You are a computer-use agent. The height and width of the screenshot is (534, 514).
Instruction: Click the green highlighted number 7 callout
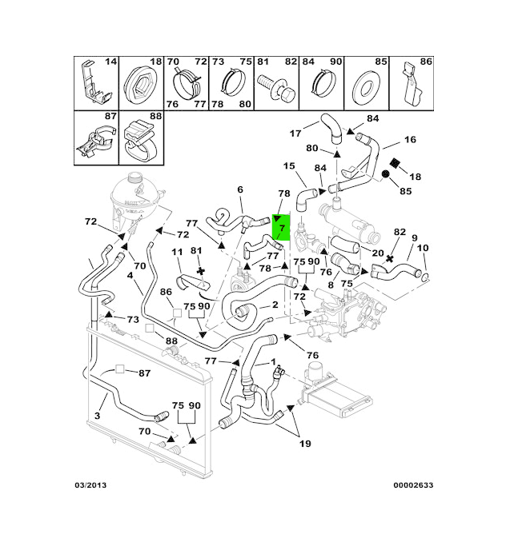pos(281,228)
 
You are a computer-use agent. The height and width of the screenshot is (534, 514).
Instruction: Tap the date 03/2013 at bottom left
pos(90,485)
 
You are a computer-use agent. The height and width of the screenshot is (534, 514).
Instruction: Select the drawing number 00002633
pos(413,485)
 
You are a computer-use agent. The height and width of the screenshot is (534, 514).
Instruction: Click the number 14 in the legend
pos(110,62)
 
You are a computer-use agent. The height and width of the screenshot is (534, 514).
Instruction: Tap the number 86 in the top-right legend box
pos(426,62)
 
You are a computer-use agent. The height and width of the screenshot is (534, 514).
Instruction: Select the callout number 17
pos(295,133)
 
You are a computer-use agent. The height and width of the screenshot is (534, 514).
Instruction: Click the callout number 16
pos(410,139)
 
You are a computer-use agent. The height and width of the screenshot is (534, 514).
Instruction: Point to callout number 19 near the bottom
pos(305,444)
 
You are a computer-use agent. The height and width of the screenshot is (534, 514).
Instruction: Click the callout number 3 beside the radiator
pos(97,416)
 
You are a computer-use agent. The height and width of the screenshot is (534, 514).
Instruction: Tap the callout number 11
pos(177,253)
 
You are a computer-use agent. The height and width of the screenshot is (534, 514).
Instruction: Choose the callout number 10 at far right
pos(423,248)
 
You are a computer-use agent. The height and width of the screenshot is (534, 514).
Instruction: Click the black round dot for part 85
pos(385,174)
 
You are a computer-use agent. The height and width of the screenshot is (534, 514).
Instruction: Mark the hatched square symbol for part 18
pos(395,162)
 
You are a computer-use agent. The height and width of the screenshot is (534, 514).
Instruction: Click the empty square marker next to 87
pos(119,369)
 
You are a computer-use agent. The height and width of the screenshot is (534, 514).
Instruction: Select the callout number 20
pos(378,253)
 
